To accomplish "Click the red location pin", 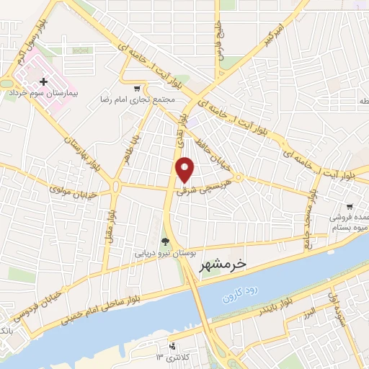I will (x=185, y=169).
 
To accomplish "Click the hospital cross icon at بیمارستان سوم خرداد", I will (x=45, y=83).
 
